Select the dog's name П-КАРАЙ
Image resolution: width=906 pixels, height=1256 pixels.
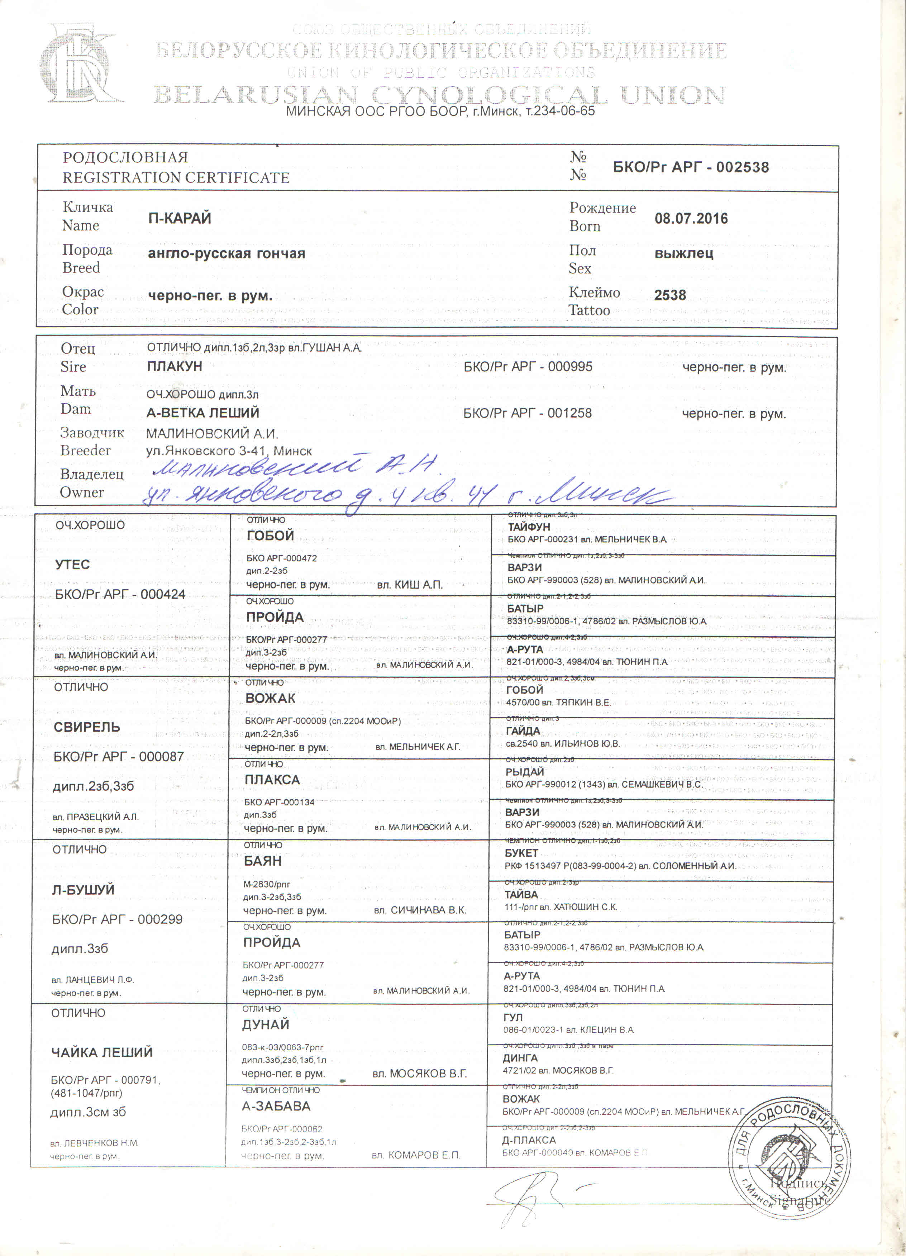point(180,218)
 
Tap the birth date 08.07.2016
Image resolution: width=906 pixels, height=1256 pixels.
point(691,218)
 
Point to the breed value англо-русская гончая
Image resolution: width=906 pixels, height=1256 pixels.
point(226,254)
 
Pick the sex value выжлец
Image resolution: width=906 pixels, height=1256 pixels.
point(683,254)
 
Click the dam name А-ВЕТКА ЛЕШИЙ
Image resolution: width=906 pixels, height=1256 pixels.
point(203,413)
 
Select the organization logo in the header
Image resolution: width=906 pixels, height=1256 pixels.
point(80,64)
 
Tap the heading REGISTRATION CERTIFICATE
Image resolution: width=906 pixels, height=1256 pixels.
point(176,178)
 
